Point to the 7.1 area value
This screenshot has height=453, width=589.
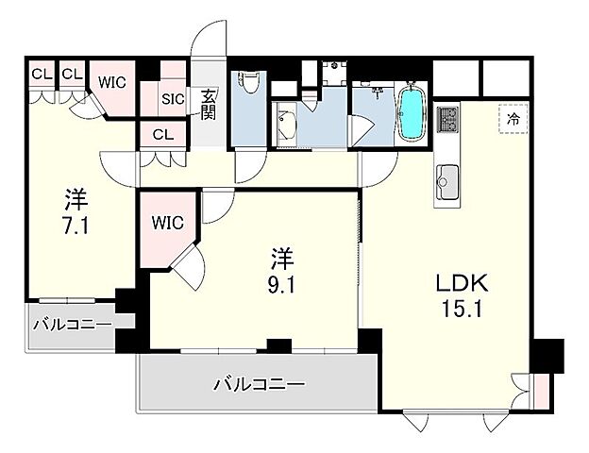(x=75, y=226)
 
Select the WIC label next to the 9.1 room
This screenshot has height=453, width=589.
(x=167, y=224)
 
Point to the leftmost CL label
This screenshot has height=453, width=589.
(x=40, y=72)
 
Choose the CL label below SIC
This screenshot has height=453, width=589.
(x=162, y=134)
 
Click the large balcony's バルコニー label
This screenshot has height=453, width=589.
(x=258, y=384)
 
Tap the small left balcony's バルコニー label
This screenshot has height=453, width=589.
(x=72, y=326)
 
